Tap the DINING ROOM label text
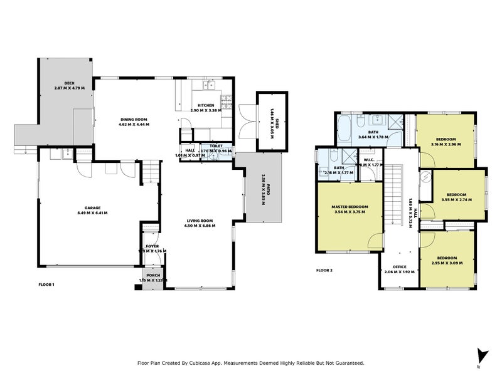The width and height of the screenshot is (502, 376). pos(134,118)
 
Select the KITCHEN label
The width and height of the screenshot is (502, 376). pos(206,105)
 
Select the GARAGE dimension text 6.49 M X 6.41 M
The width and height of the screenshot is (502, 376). pos(92,213)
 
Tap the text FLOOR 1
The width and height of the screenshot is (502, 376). pos(46,285)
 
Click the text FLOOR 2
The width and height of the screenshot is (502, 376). pos(324,271)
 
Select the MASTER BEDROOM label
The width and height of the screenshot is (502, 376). pos(350,207)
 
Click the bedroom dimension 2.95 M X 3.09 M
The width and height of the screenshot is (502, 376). pos(446,263)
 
